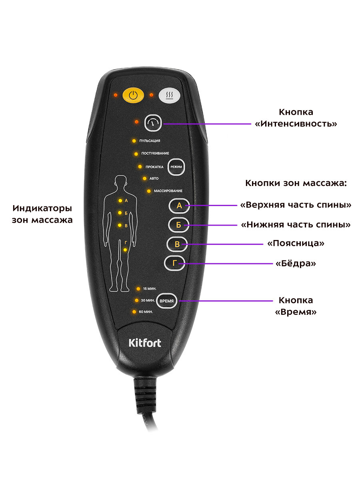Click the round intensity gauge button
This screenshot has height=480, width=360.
(153, 123)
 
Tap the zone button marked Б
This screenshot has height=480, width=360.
(178, 225)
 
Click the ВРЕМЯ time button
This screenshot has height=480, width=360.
(166, 301)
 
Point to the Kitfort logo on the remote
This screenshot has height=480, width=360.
(145, 343)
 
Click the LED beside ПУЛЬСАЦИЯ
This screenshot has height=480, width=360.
(134, 141)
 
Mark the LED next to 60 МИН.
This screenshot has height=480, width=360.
(134, 311)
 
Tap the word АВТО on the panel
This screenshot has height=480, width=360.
(154, 178)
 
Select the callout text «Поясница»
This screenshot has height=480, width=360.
(295, 243)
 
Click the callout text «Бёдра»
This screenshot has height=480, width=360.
(296, 264)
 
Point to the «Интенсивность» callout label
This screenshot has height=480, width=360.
(296, 124)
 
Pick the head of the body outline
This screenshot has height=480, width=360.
(120, 184)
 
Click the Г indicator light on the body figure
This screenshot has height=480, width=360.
(125, 250)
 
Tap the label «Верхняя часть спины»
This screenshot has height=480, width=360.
(296, 205)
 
